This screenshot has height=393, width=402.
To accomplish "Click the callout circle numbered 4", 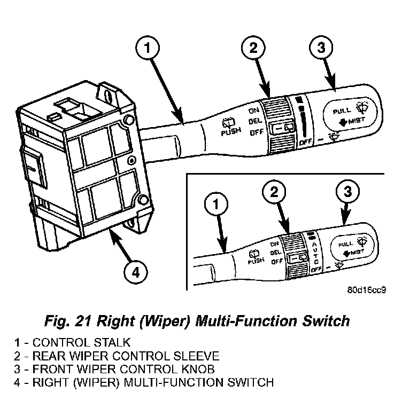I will (136, 273).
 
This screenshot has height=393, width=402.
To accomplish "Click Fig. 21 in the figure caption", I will (69, 321).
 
